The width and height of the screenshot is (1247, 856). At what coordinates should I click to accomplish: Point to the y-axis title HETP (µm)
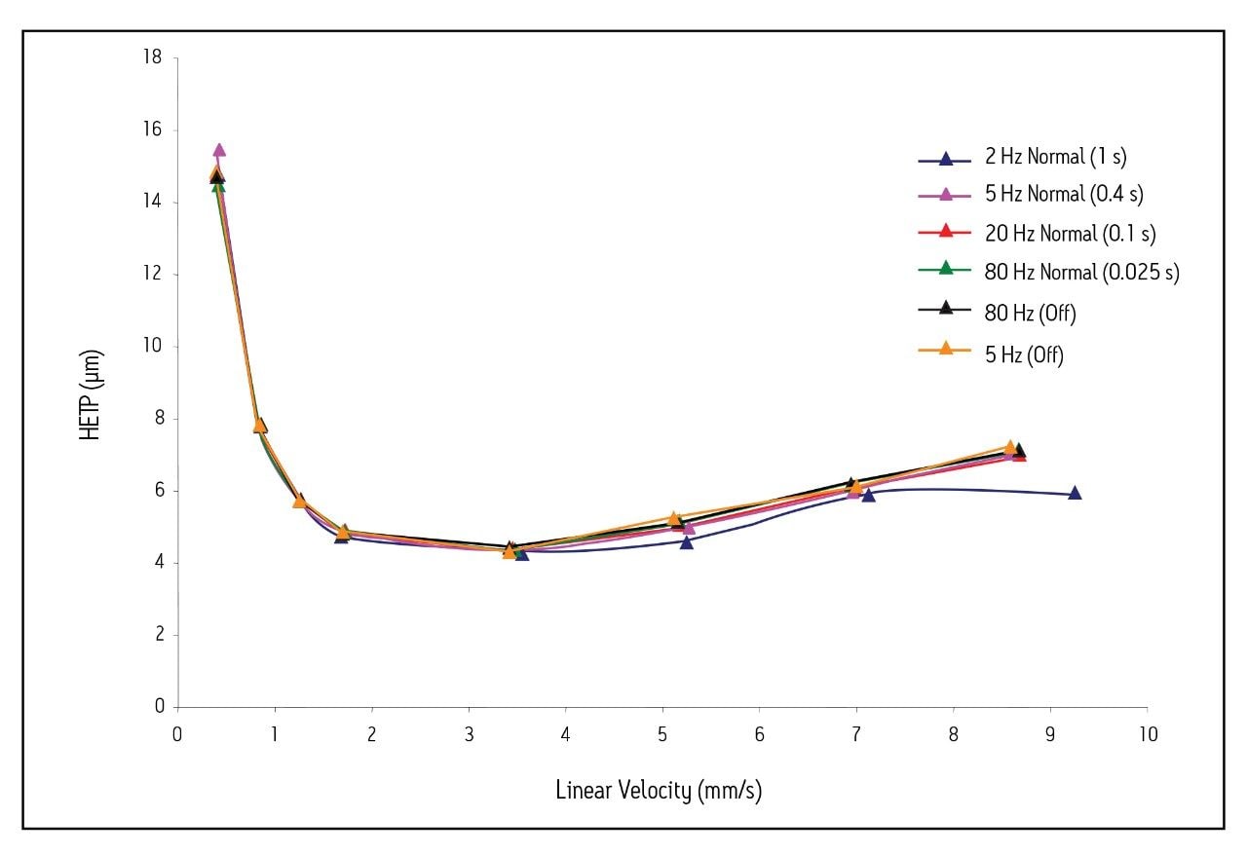click(91, 394)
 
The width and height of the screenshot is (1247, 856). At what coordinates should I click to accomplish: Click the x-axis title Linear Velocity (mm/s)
click(659, 790)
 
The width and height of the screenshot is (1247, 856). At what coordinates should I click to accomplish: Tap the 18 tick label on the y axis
click(152, 57)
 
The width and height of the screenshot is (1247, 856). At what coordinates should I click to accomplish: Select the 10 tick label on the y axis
click(152, 346)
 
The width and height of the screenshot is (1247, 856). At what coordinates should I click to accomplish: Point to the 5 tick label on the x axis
click(662, 733)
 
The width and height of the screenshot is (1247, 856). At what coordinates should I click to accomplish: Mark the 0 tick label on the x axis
click(177, 733)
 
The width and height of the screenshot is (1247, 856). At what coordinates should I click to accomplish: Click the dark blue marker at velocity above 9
click(1075, 494)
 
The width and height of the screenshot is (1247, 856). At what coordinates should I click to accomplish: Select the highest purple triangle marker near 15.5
click(219, 150)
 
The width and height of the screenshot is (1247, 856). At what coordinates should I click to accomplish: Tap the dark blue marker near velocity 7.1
click(868, 496)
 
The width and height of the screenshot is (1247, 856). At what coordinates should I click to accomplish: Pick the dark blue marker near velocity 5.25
click(687, 542)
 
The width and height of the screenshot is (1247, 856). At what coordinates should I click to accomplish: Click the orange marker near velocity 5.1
click(673, 518)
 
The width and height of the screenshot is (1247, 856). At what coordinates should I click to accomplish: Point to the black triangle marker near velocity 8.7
click(1019, 451)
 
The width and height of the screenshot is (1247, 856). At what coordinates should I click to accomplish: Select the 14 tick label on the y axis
click(152, 202)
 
